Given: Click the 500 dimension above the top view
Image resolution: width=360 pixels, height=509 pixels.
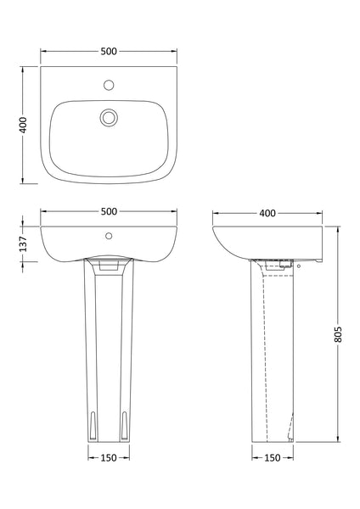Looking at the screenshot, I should (108, 51).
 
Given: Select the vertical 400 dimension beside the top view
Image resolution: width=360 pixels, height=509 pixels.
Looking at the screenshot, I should (25, 125).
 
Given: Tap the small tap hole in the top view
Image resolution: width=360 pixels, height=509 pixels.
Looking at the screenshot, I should (108, 85).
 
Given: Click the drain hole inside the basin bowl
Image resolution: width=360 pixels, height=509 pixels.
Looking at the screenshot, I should (108, 118).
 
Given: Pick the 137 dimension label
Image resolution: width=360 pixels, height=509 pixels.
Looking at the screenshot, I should (25, 244).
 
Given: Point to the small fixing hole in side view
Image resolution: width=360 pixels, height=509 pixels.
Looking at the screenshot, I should (297, 265).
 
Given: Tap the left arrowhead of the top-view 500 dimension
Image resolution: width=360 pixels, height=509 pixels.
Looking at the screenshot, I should (43, 59).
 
